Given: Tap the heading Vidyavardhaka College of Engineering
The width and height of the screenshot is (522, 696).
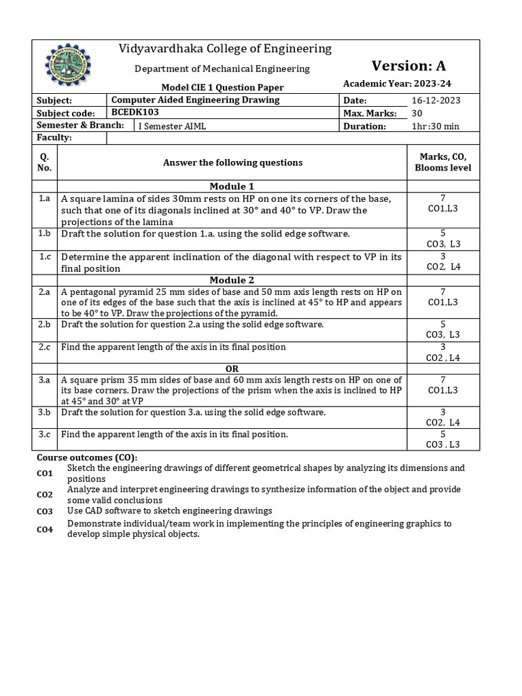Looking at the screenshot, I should tap(215, 49).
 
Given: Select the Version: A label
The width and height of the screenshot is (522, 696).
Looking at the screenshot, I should tap(408, 66).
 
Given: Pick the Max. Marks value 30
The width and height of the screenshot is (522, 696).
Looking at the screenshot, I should tap(418, 113).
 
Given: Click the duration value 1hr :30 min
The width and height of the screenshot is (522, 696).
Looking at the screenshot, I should tap(436, 126).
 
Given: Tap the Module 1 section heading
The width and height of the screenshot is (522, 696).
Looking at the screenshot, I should tap(232, 186).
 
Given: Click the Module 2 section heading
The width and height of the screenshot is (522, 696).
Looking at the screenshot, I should tap(232, 280).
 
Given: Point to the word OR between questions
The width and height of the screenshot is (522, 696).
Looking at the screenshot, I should tap(232, 368).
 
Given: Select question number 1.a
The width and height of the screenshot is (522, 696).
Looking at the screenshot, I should tap(45, 198).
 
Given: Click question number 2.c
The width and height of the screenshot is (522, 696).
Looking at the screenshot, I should tap(45, 347).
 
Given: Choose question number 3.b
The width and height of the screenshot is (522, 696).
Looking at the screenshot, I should tap(45, 413).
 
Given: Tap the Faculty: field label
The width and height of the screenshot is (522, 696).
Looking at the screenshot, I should tap(54, 138).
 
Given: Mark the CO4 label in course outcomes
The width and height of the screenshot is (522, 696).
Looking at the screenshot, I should tap(45, 529).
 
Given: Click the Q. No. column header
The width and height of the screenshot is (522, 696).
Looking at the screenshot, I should tap(45, 162).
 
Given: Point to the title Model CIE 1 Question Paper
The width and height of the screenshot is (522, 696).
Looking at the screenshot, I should tap(222, 87).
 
